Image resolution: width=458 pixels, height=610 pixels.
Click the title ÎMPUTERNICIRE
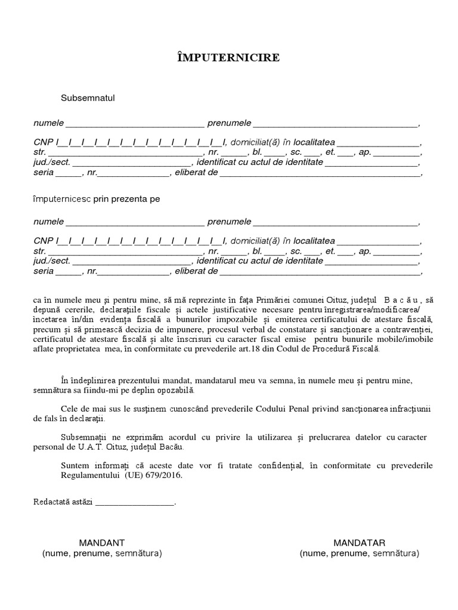[229, 58]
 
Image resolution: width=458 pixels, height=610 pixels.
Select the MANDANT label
[102, 543]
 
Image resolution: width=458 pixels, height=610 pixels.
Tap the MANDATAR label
[360, 543]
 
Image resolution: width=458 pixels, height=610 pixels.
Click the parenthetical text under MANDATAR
[360, 553]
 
